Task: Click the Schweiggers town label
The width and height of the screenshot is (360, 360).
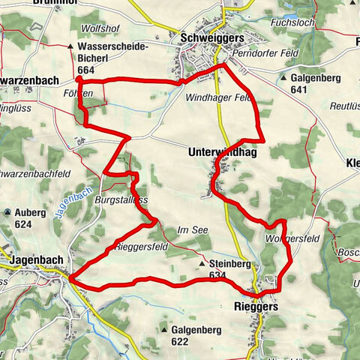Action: (x=211, y=37)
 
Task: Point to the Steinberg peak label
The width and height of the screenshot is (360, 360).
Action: (x=229, y=264)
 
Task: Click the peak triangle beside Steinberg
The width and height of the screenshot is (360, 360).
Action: (x=202, y=264)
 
